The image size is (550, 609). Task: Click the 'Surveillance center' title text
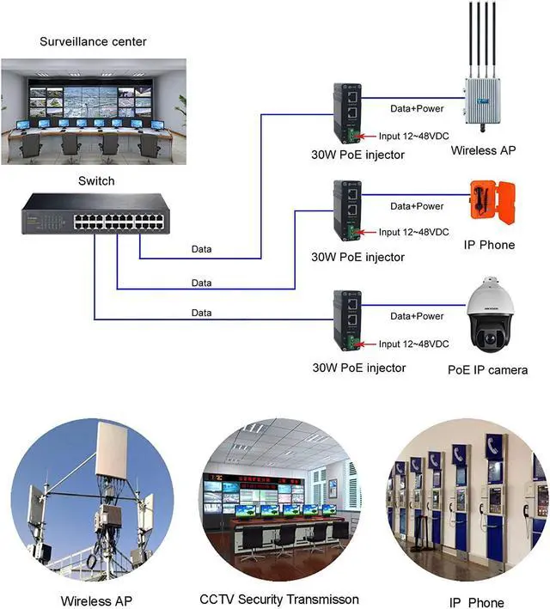(94, 41)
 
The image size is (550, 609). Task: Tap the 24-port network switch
(94, 215)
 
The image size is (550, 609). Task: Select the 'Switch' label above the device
(95, 180)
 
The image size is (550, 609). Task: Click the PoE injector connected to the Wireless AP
(347, 115)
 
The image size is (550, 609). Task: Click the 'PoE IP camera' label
(487, 370)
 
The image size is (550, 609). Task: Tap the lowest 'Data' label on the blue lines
(201, 313)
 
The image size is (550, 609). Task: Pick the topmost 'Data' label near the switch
(201, 250)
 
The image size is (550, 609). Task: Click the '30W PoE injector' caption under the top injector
(357, 155)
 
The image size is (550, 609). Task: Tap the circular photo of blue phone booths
(467, 499)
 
